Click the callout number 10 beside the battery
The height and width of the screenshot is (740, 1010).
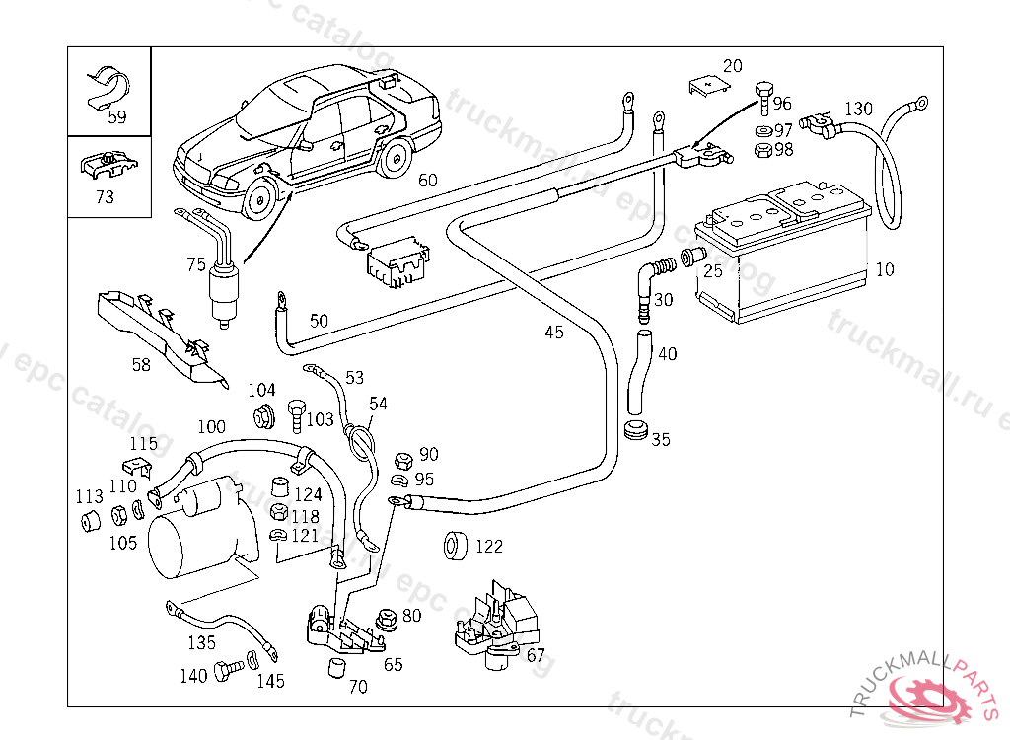point(885,269)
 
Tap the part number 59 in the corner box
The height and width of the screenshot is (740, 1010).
point(117,116)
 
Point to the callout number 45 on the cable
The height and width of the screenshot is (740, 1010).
point(554,333)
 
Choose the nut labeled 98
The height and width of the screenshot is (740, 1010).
point(762,150)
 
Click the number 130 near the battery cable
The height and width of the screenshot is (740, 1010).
point(858,108)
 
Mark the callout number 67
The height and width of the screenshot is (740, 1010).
point(536,654)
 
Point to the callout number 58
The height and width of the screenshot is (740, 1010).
point(141,364)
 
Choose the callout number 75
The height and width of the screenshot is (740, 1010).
point(196,263)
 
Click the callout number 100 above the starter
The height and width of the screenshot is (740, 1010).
point(211,427)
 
